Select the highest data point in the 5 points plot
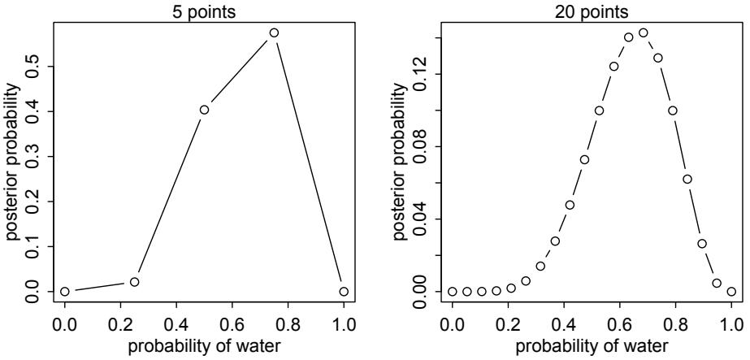point(274,33)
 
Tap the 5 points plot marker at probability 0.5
point(205,110)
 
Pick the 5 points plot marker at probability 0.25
point(135,282)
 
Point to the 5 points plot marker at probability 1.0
point(344,291)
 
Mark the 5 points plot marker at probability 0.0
point(65,291)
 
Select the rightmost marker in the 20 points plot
point(731,291)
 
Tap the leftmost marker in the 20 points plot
point(453,291)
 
